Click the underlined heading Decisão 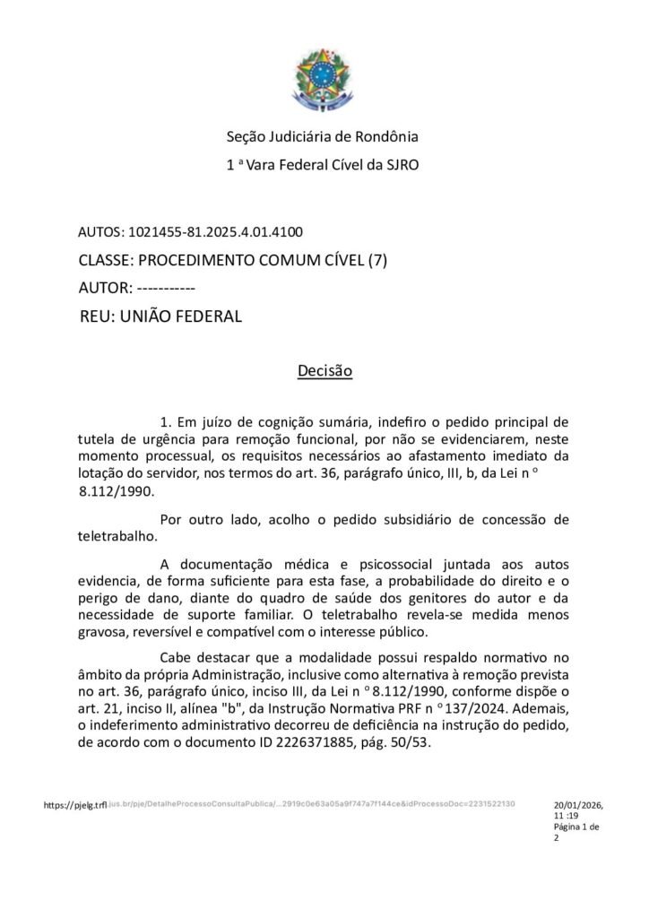[x=324, y=370]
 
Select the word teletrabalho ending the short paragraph [x=117, y=536]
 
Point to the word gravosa [x=105, y=632]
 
